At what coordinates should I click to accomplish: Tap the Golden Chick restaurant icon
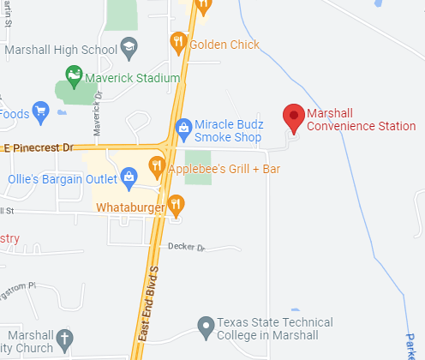pos(178,40)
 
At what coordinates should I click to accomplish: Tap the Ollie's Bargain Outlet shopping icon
pos(129,179)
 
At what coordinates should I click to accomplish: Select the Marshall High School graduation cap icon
pos(129,47)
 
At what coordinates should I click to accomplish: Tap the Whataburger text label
pos(130,207)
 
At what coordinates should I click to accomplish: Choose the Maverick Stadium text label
pos(133,78)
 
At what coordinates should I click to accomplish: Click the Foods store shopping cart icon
pos(40,111)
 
